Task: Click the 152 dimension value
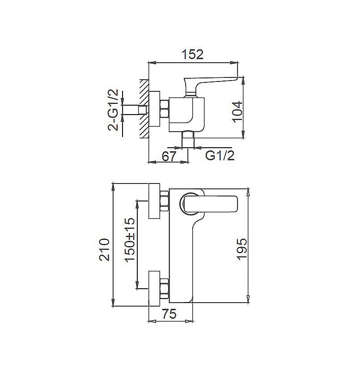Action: click(x=193, y=55)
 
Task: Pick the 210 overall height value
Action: click(x=104, y=249)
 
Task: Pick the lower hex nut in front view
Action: click(x=164, y=288)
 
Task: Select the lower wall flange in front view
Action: click(x=154, y=288)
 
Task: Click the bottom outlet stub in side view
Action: click(x=188, y=140)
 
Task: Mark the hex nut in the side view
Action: click(x=164, y=110)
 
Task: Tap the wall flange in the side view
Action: click(x=155, y=110)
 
